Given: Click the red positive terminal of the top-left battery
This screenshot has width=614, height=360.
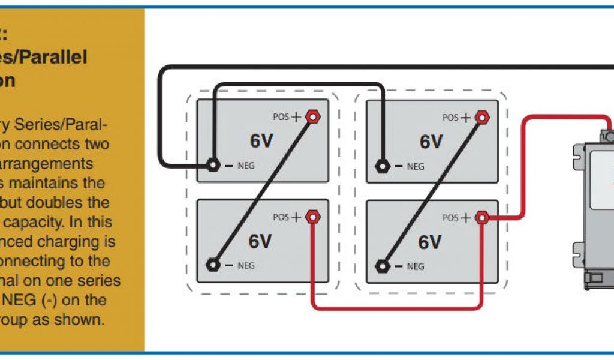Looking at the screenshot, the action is (312, 117).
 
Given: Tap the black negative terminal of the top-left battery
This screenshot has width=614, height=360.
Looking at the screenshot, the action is (212, 165).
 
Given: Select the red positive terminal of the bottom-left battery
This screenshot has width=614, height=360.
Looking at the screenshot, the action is (312, 217).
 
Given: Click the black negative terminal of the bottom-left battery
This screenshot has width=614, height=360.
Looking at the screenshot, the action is (212, 265).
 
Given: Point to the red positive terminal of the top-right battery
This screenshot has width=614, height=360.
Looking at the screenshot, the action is (481, 117).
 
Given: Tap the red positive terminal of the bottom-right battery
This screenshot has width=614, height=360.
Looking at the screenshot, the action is (481, 217).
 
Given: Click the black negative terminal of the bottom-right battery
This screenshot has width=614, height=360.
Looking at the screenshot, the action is (382, 265).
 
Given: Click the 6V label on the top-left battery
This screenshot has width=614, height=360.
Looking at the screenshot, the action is (261, 142).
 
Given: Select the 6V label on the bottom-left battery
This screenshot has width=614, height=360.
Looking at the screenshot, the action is (261, 241).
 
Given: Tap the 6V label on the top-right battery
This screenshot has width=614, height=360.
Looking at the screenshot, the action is (431, 142).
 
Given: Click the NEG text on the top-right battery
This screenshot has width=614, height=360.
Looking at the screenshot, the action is (416, 166).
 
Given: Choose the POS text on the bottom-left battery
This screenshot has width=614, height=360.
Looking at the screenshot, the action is (281, 217).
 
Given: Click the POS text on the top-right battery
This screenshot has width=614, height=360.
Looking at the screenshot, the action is (450, 118).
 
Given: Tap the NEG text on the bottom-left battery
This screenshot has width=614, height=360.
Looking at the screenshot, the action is (246, 265).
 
